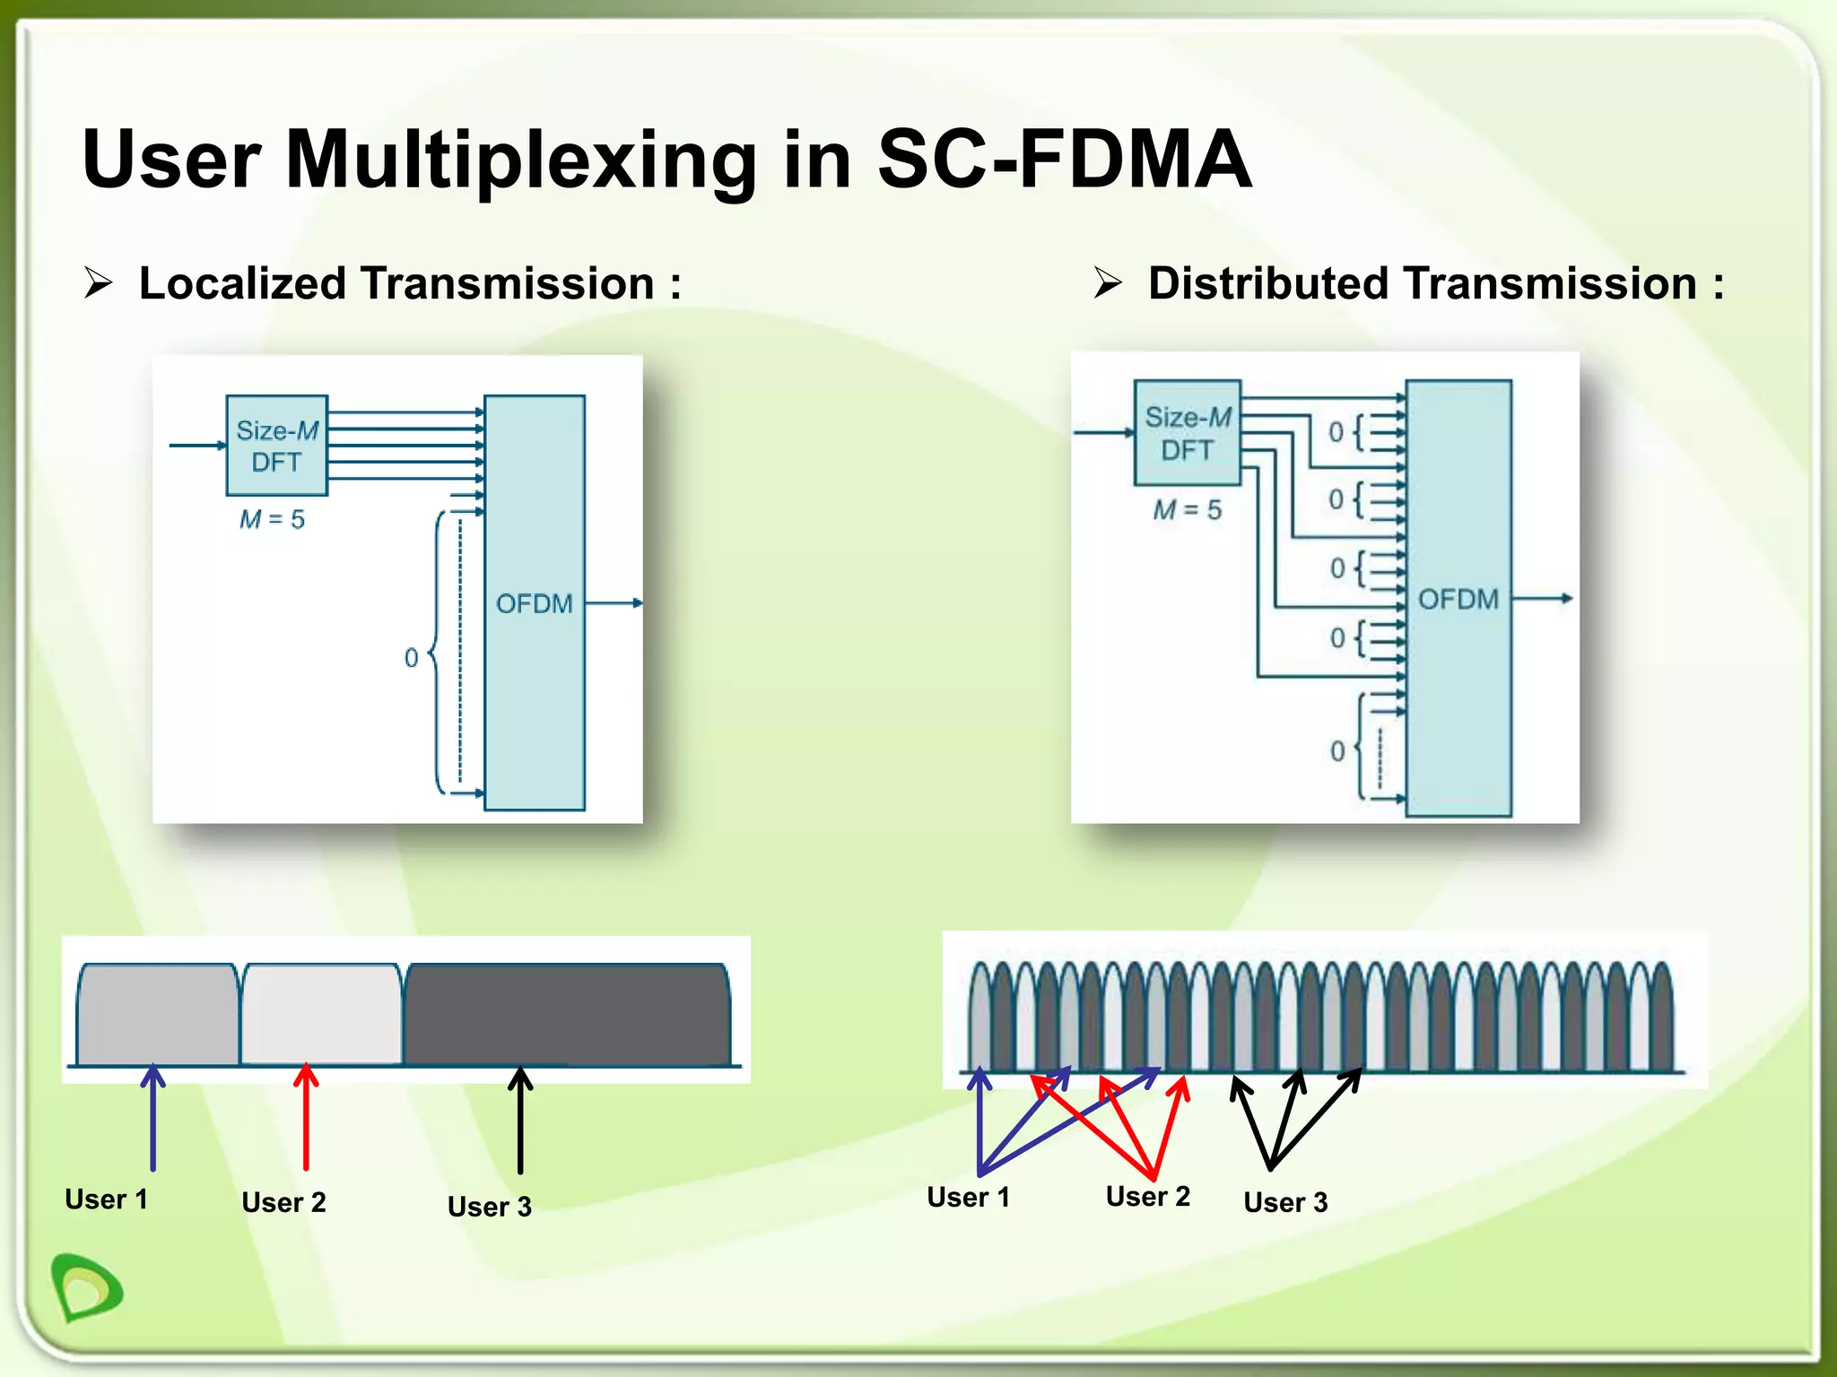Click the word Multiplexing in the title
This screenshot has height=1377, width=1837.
pos(521,161)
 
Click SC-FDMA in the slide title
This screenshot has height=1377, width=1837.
pos(1064,160)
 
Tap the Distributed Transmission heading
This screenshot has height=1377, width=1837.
pos(1435,283)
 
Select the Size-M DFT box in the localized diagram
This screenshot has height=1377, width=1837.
pos(276,446)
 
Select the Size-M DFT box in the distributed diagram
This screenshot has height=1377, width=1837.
pos(1187,433)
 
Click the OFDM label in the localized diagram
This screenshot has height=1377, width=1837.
pos(534,603)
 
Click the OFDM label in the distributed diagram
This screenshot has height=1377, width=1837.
pos(1458,599)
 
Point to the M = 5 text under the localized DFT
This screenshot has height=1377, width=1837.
pos(272,519)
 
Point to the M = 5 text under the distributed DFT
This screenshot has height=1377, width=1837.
pos(1187,510)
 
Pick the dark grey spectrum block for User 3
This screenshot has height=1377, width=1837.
pos(567,1015)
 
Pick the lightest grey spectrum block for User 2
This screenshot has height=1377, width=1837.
pos(321,1015)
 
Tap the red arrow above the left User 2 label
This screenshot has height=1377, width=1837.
pos(306,1116)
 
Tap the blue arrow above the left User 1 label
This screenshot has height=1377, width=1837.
pos(153,1116)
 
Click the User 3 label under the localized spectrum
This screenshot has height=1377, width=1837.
pos(489,1207)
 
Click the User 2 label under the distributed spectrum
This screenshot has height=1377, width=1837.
pos(1147,1196)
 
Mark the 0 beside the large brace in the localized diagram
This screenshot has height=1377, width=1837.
pos(411,658)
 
